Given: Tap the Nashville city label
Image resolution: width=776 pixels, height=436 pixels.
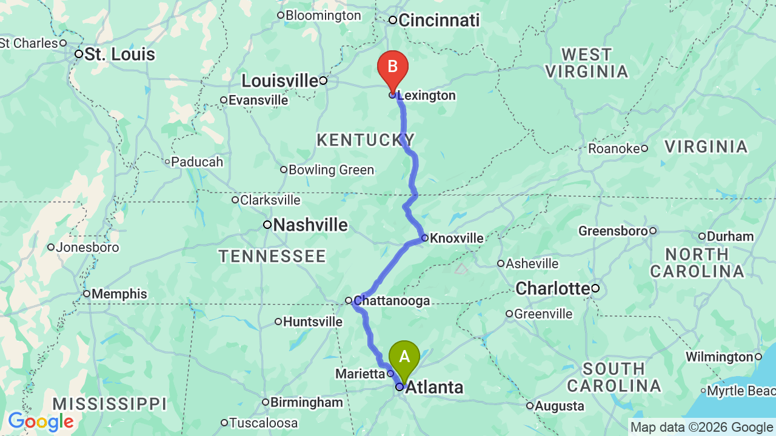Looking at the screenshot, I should click(x=310, y=225).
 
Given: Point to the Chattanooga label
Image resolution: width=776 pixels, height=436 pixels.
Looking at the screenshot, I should click(x=392, y=301).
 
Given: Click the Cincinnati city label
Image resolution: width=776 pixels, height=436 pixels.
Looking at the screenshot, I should click(x=438, y=20).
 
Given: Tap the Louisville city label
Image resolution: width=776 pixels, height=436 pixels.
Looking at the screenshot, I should click(x=279, y=81).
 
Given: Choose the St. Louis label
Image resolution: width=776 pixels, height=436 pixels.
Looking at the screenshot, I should click(x=119, y=54).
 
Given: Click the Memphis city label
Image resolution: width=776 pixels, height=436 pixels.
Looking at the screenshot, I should click(x=119, y=294).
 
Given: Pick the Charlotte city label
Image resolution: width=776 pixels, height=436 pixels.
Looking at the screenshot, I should click(x=552, y=288).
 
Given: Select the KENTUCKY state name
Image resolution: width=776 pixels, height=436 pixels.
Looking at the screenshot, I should click(x=366, y=140).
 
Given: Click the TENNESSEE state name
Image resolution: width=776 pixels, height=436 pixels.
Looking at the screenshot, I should click(x=272, y=257).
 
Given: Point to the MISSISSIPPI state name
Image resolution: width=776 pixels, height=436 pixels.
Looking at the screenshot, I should click(x=109, y=404).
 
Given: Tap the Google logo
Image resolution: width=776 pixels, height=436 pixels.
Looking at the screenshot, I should click(x=41, y=421).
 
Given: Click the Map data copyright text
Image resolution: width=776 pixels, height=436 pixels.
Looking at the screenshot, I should click(x=701, y=427).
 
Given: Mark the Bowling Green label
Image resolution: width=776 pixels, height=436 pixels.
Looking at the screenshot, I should click(x=331, y=170).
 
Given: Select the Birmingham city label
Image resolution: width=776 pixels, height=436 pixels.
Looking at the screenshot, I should click(x=306, y=403).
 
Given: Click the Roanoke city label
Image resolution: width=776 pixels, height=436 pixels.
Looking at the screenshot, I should click(x=614, y=148).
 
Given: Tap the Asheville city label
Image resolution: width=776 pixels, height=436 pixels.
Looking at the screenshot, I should click(x=532, y=263).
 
